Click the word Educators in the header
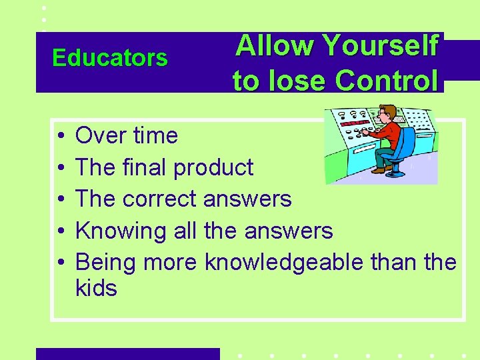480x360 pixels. point(110,59)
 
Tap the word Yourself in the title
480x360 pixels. point(381,47)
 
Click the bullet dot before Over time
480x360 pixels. point(60,137)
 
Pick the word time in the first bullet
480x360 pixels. point(154,136)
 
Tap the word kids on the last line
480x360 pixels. point(97,289)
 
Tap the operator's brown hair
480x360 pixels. point(388,109)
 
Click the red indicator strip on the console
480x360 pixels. point(356,124)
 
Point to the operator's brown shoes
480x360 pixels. point(380,169)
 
